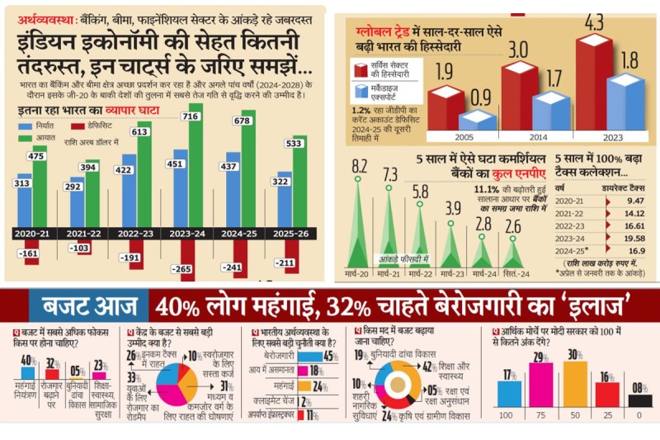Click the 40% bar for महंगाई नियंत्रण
(x=26, y=369)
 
